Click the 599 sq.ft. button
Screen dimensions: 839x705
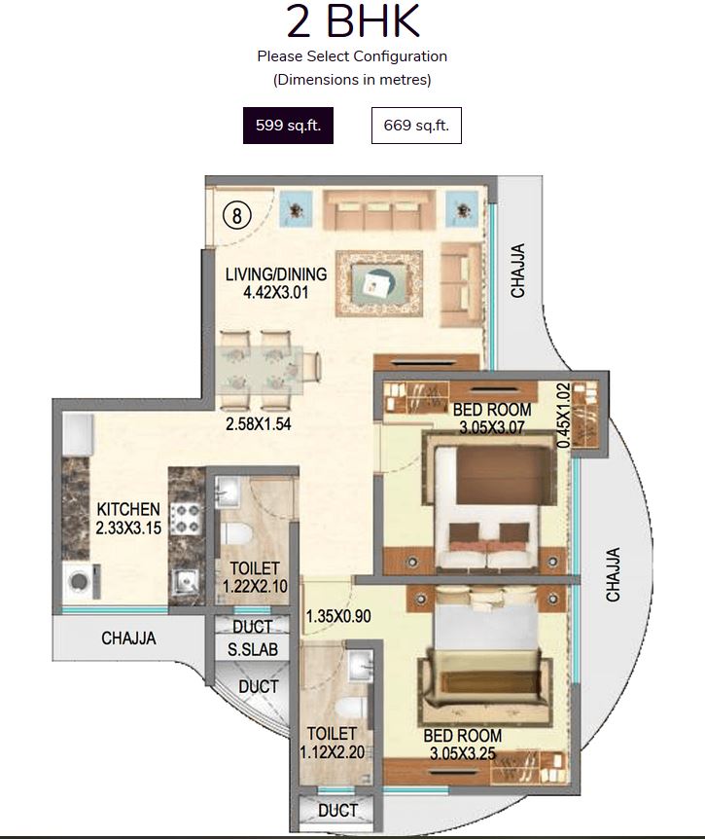point(288,127)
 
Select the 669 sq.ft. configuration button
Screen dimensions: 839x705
point(416,127)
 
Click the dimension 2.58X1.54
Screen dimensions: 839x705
point(260,424)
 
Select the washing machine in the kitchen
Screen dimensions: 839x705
point(77,582)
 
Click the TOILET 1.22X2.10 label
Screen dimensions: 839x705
point(255,576)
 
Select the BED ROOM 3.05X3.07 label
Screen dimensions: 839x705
point(490,418)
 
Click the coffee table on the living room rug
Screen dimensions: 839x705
point(378,282)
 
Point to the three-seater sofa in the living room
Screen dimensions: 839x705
point(373,209)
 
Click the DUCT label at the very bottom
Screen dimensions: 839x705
point(337,810)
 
